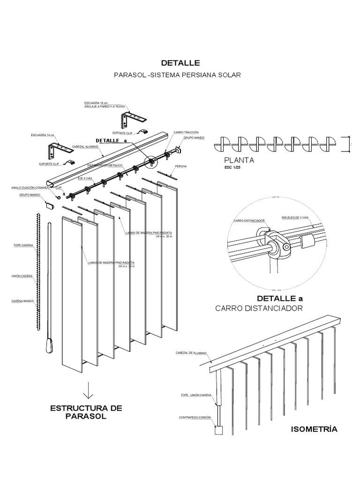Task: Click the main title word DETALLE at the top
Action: click(180, 63)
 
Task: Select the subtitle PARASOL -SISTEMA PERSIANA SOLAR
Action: click(178, 75)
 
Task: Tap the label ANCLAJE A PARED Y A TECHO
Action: click(102, 106)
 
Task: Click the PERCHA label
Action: click(181, 166)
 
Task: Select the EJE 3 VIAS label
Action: click(85, 179)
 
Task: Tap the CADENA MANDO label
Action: click(23, 300)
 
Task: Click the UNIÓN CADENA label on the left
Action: click(22, 277)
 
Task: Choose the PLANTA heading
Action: click(239, 160)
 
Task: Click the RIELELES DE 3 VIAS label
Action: click(295, 218)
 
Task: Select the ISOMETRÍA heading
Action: click(314, 429)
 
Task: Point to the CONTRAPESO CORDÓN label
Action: click(195, 417)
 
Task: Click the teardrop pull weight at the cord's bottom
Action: click(50, 346)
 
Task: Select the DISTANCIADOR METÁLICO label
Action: click(105, 165)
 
